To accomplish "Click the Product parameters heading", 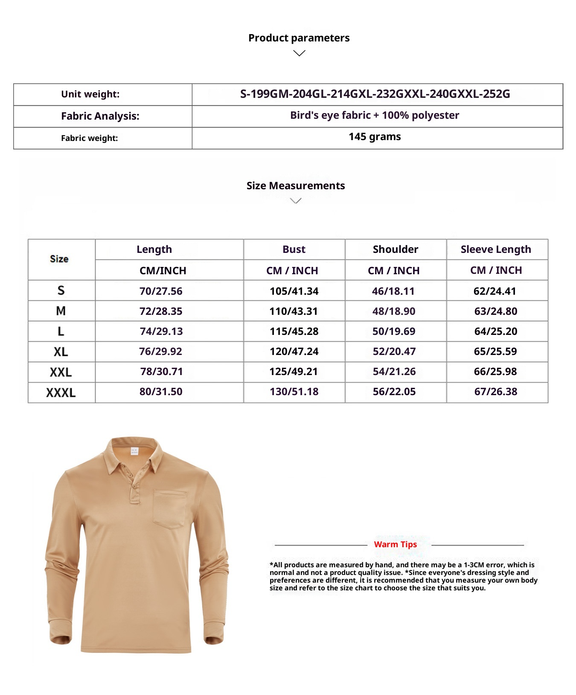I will tap(299, 38).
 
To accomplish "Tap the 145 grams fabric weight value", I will tap(375, 137).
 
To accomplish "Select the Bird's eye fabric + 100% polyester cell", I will tap(375, 115).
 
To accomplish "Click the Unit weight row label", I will tap(90, 94).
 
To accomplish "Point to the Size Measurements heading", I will tap(295, 186).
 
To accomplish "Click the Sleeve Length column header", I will tap(496, 249).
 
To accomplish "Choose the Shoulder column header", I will tap(395, 249).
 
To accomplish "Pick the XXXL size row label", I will tap(61, 393).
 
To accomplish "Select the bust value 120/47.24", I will tap(294, 352).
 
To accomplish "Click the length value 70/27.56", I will tap(161, 291).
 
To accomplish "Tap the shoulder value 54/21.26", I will tap(394, 372).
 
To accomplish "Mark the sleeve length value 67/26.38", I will tap(496, 392).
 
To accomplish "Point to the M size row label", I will tap(61, 311).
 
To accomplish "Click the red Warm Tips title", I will tap(395, 544).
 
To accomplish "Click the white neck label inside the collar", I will tap(134, 451).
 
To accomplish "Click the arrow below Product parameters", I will tap(299, 53).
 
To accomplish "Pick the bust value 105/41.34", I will tap(294, 291).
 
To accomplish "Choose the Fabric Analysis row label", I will tap(100, 116).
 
